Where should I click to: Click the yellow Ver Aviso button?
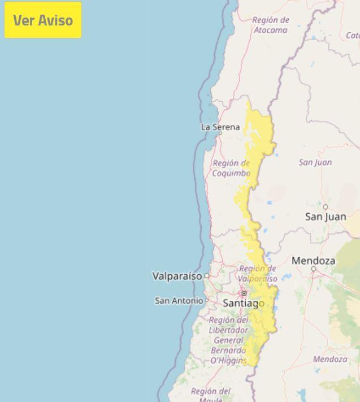point(43,20)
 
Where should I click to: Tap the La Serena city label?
point(220,127)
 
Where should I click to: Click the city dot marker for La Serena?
point(220,133)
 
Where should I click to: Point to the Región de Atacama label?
point(270,25)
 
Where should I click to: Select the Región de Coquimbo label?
point(231,168)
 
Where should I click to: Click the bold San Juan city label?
point(326,217)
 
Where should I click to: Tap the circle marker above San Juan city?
point(325,207)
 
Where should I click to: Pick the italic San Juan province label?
point(315,162)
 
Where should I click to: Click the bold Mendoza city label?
point(313,261)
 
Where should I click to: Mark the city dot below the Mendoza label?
point(314,269)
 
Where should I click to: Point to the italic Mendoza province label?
point(330,359)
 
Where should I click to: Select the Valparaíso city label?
point(177,276)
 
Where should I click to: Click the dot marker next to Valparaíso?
point(207,276)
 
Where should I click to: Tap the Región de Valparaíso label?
point(258,274)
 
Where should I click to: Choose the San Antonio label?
point(179,301)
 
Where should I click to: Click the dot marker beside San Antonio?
point(207,301)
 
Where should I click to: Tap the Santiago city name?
point(244,303)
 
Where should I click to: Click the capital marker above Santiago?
point(244,293)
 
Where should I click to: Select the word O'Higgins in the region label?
point(228,360)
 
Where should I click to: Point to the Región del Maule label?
point(210,394)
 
